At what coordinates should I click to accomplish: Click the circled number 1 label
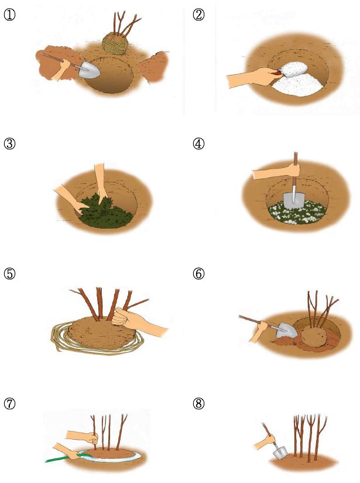9,15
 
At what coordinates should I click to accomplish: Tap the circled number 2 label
198,15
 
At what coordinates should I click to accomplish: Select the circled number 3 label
9,143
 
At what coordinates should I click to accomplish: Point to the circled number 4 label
198,143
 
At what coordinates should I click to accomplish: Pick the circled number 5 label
9,273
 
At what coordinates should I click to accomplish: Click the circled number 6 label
198,273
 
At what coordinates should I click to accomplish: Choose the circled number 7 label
9,403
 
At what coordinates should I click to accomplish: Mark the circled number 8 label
198,403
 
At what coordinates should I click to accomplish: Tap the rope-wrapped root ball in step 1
115,44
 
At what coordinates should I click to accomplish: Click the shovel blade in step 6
286,330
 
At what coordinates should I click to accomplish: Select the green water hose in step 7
62,458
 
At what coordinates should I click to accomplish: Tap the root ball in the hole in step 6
313,337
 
